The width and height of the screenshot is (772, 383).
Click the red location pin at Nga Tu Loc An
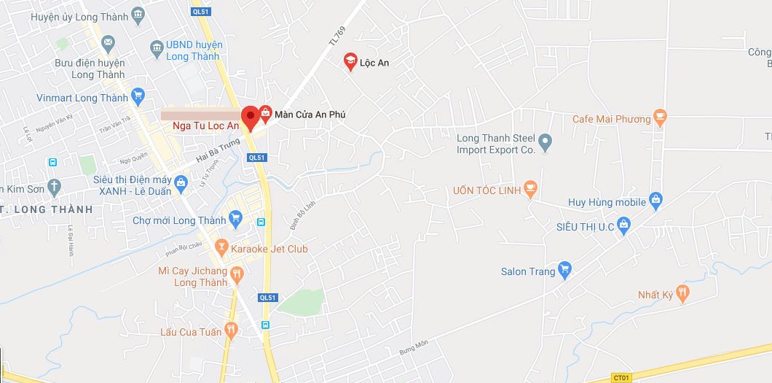coord(250,117)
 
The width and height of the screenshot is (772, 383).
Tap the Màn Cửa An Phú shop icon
coord(266,113)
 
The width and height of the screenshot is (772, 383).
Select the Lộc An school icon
coord(350,61)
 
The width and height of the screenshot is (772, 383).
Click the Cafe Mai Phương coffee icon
coord(660,117)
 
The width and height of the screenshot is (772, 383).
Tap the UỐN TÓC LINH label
coord(487,190)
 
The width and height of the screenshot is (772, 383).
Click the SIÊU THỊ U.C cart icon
coord(623,225)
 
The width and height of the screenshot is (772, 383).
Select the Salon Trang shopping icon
coord(565,270)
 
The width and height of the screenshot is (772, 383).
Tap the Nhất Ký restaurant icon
coord(682,293)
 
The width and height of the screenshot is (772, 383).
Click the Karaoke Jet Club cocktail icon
coord(221,247)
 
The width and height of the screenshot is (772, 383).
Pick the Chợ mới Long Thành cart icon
coord(235,218)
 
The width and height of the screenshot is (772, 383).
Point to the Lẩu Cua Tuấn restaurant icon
coord(231,331)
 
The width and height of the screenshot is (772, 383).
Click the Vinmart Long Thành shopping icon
coord(138,96)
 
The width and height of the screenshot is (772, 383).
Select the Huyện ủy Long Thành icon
coord(138,15)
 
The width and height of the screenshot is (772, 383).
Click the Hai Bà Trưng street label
coord(218,150)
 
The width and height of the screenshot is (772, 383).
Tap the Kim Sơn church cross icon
coord(54,187)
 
